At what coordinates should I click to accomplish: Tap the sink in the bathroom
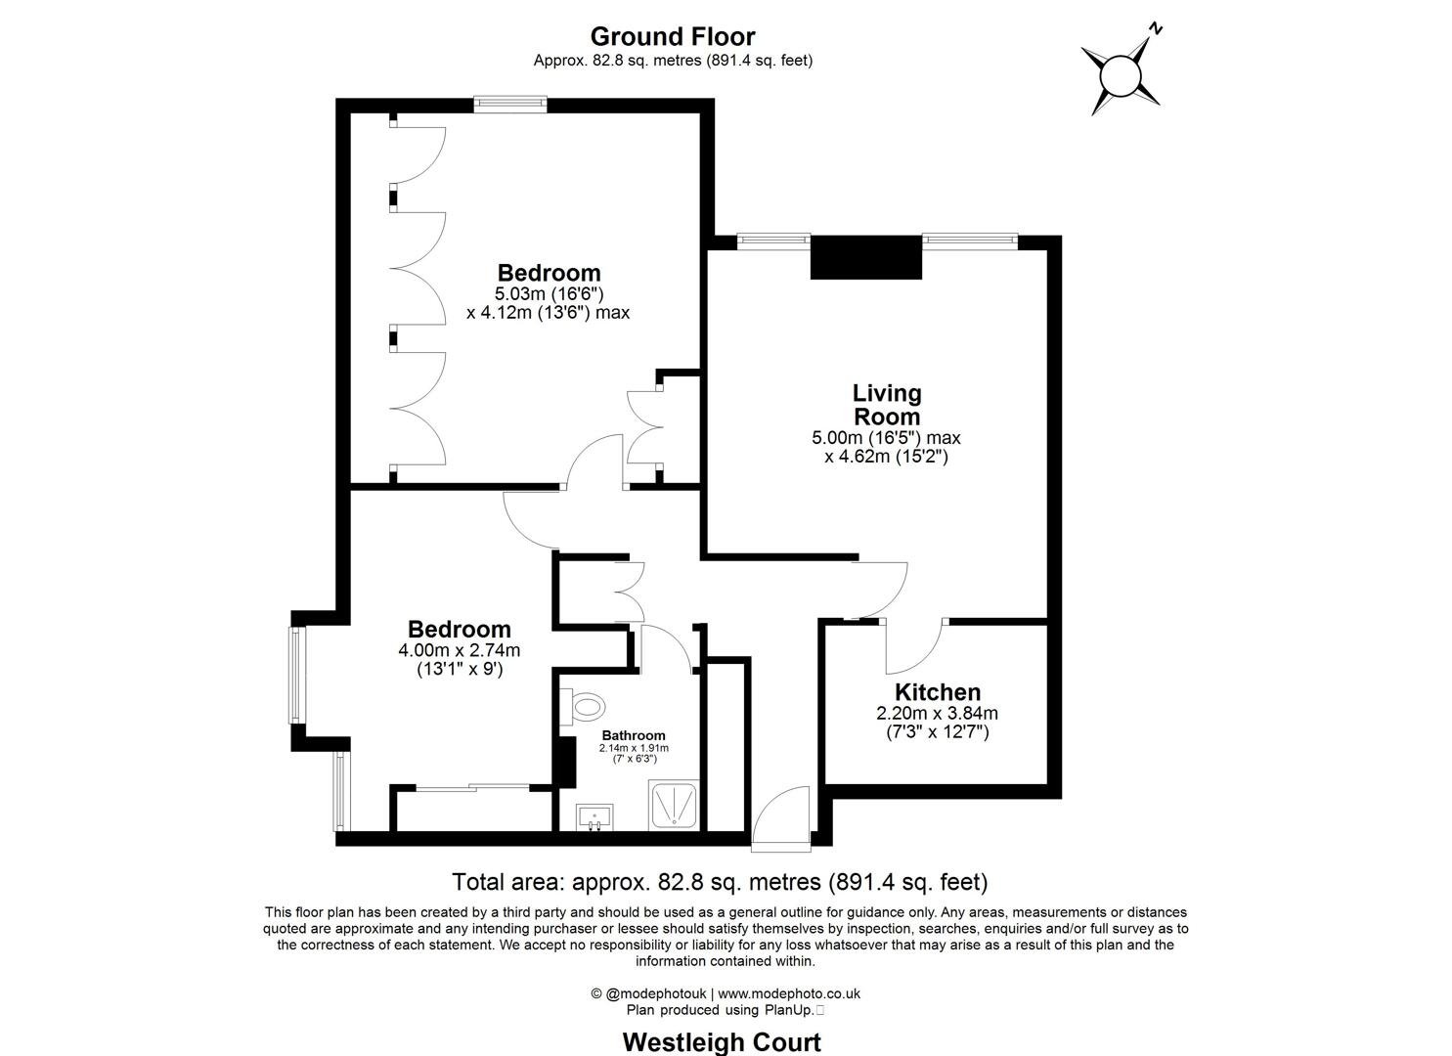(x=594, y=814)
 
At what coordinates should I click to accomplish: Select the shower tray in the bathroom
(x=675, y=806)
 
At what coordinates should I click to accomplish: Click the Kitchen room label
(x=938, y=692)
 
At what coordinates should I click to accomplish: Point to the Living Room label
(x=887, y=404)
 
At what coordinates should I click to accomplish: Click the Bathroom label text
(x=634, y=735)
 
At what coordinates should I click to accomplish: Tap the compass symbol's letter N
(x=1156, y=29)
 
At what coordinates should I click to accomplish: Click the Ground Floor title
(x=673, y=36)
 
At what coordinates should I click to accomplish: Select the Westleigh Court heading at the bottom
(x=722, y=1042)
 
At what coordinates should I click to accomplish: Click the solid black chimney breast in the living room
(x=866, y=258)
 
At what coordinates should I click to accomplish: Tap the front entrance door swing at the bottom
(x=783, y=816)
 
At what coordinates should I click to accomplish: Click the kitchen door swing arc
(x=915, y=648)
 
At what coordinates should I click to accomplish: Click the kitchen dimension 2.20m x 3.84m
(x=938, y=714)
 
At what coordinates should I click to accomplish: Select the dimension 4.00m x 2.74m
(x=459, y=650)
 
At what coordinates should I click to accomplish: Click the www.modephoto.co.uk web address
(x=789, y=993)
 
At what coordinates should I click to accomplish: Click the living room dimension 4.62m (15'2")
(x=886, y=456)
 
